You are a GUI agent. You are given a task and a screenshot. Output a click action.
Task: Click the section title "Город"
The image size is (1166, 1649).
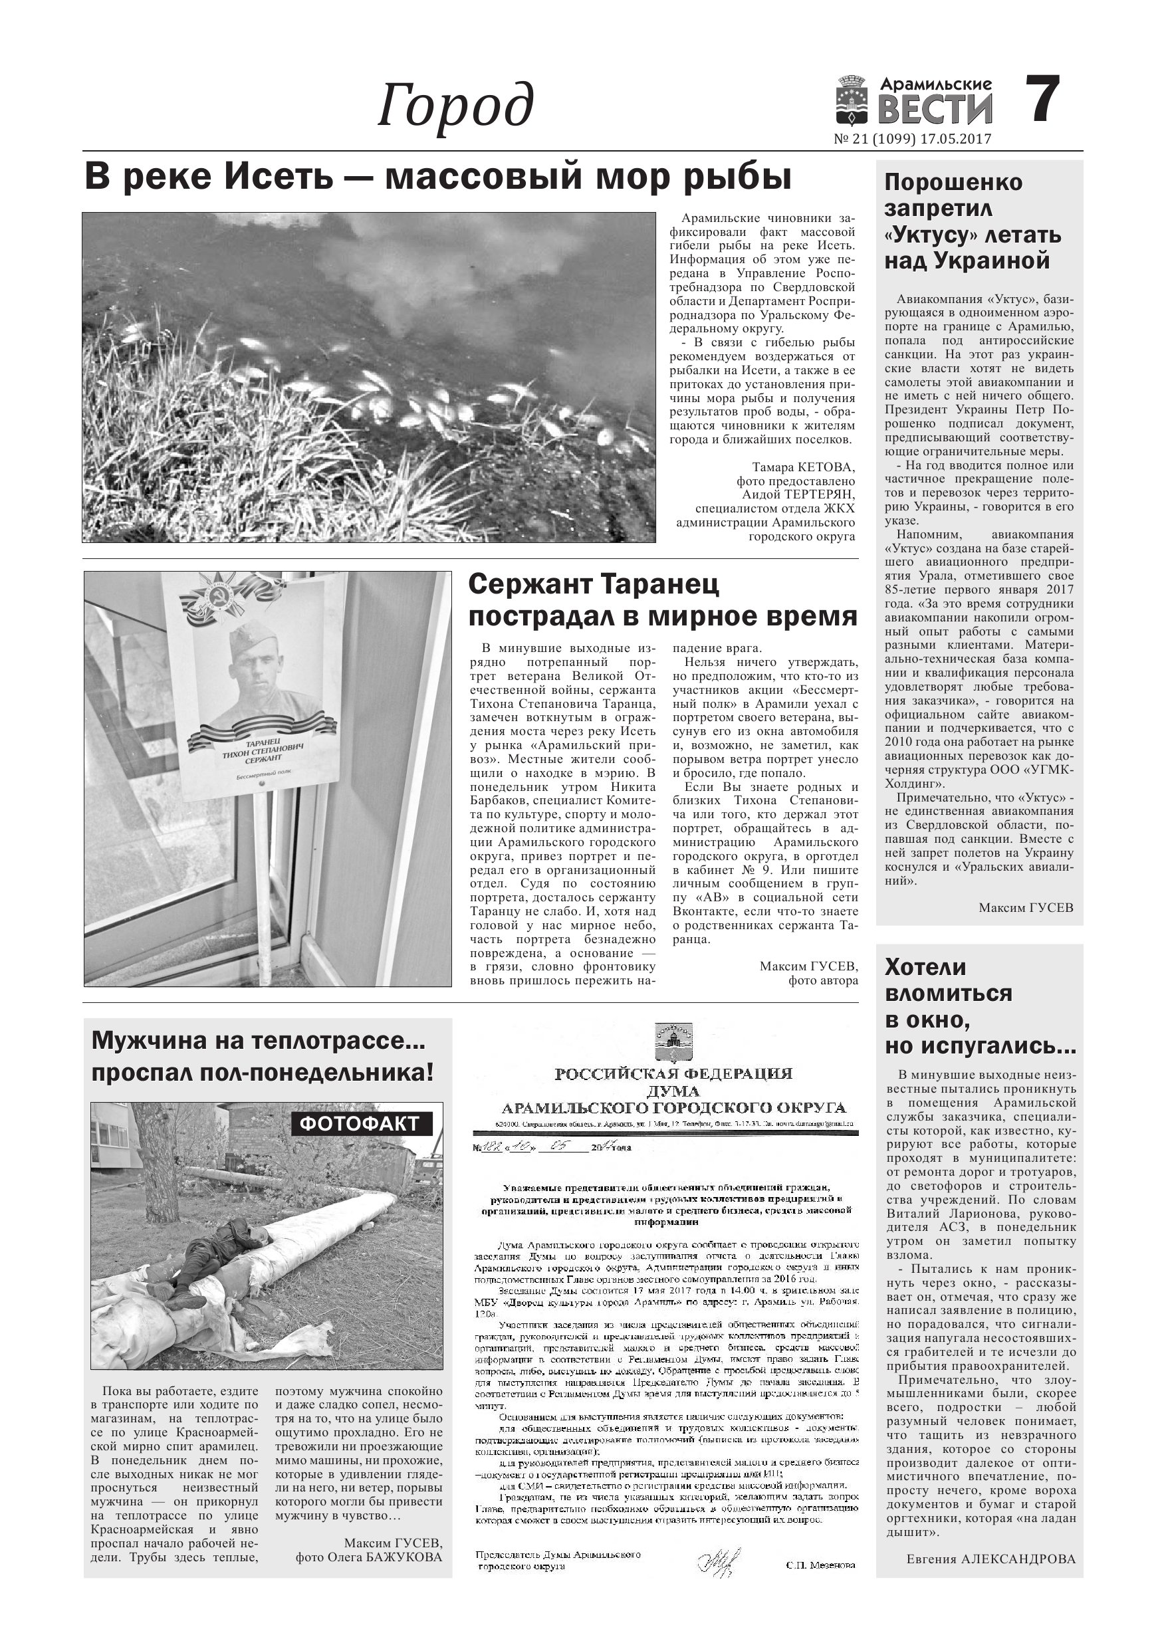(x=455, y=106)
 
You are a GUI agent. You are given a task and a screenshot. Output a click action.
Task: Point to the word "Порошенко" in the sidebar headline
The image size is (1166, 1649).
(x=953, y=182)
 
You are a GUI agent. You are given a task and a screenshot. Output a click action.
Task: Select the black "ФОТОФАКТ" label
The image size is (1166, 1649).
(x=362, y=1124)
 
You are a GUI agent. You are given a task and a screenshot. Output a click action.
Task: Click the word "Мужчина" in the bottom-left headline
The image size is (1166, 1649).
(x=152, y=1040)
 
